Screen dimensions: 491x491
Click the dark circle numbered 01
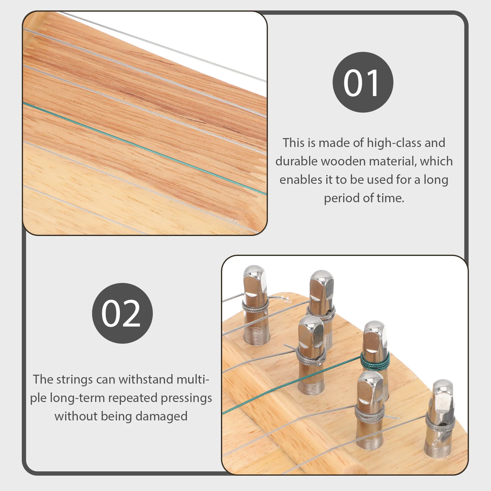click(x=363, y=82)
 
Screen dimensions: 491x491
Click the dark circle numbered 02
click(x=122, y=313)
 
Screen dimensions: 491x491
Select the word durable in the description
click(x=296, y=161)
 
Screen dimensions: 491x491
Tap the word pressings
click(x=186, y=398)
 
